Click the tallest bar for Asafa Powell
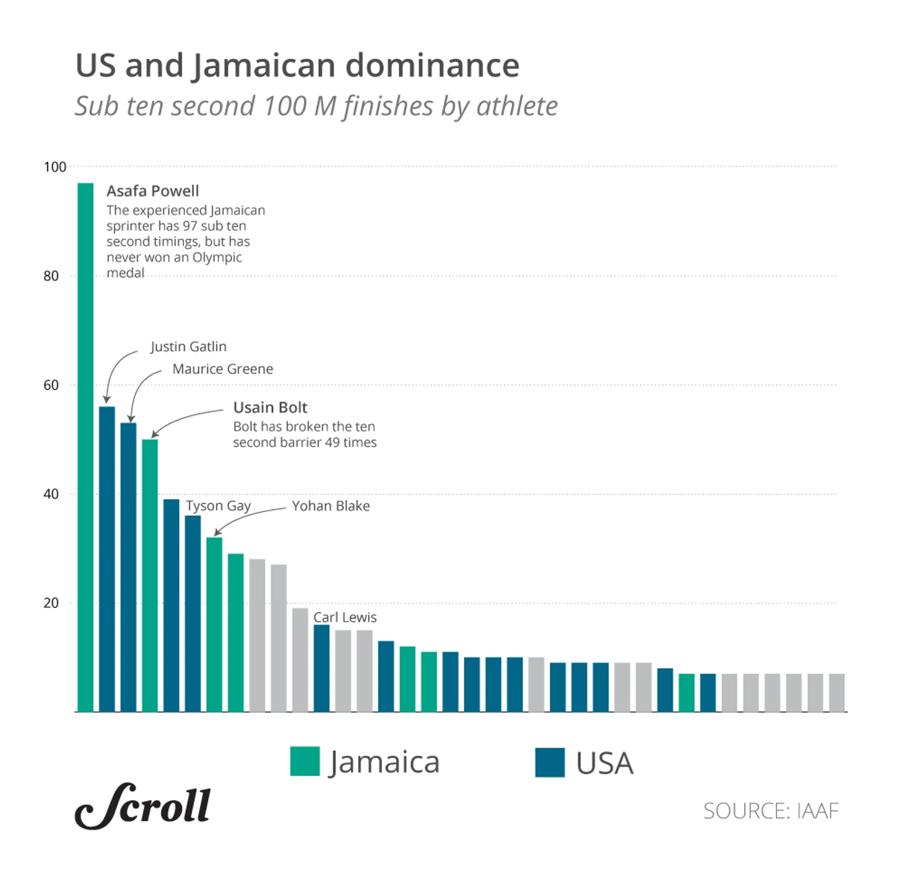(85, 446)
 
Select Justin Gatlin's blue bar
(107, 557)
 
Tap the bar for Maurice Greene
(128, 567)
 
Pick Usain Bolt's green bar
(150, 576)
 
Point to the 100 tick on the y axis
(54, 167)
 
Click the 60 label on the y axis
(51, 385)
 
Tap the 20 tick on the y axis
(51, 603)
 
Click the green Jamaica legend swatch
(305, 762)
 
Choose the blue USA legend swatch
(550, 762)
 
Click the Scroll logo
(143, 806)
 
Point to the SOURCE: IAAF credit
(771, 811)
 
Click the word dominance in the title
(432, 66)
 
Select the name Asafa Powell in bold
(153, 191)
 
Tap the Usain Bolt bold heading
(270, 407)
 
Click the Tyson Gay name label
(219, 506)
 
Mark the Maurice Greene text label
(223, 369)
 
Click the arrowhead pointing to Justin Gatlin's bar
(106, 400)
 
